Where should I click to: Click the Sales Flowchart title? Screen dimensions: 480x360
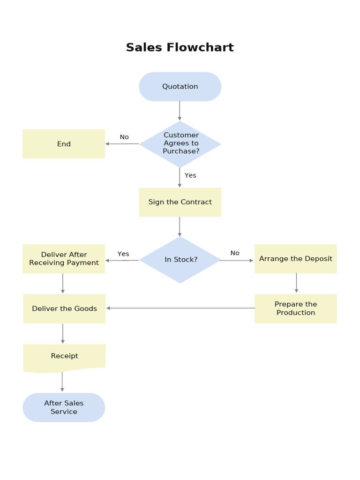click(x=180, y=47)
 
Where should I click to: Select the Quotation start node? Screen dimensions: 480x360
click(x=180, y=87)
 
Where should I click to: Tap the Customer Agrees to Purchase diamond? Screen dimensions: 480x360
click(x=180, y=143)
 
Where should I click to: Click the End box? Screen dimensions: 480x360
click(x=64, y=144)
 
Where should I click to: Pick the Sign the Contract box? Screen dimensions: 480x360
click(x=180, y=202)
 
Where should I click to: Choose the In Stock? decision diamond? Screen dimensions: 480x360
click(x=180, y=260)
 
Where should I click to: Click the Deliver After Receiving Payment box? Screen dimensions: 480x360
click(x=64, y=259)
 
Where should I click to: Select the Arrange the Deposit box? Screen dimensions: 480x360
click(x=295, y=259)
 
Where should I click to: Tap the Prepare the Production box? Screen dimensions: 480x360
click(x=295, y=308)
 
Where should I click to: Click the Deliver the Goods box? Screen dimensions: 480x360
click(x=64, y=308)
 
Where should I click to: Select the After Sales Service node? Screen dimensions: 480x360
click(x=64, y=407)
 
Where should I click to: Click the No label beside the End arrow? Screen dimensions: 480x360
click(x=124, y=137)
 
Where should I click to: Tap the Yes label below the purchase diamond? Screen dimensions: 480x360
click(x=190, y=175)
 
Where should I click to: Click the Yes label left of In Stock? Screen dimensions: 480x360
click(x=123, y=254)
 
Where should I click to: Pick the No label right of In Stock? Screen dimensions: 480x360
click(x=235, y=253)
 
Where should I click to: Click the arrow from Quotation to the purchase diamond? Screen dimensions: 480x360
click(x=180, y=111)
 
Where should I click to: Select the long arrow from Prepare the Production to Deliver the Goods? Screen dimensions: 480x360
click(x=180, y=308)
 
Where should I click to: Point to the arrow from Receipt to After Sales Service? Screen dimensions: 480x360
click(x=62, y=382)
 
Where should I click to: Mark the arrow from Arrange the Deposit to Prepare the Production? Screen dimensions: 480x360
click(x=296, y=283)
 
